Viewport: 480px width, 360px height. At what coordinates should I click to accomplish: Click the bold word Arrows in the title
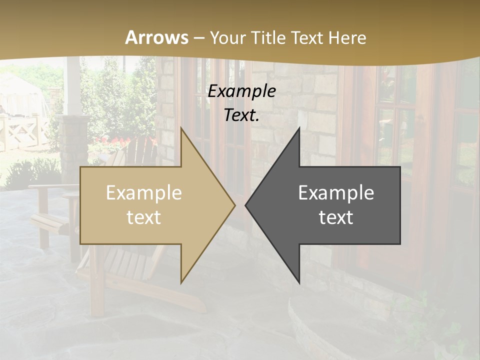(x=157, y=37)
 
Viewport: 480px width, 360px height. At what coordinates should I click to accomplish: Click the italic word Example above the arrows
(x=242, y=91)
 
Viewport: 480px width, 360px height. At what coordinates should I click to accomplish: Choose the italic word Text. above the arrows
(x=242, y=115)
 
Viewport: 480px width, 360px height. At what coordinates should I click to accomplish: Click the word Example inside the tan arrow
(x=144, y=192)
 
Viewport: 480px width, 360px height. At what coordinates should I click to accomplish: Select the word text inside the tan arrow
(x=144, y=217)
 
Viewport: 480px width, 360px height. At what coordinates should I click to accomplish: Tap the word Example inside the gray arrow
(x=336, y=192)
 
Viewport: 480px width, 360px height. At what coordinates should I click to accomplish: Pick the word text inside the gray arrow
(x=336, y=217)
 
